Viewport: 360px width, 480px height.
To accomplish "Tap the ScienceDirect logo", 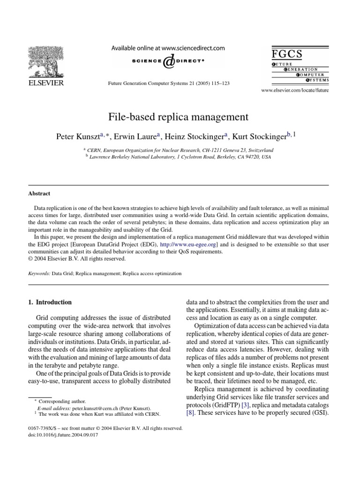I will click(x=167, y=61).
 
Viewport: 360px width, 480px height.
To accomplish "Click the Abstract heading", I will click(x=40, y=194).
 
